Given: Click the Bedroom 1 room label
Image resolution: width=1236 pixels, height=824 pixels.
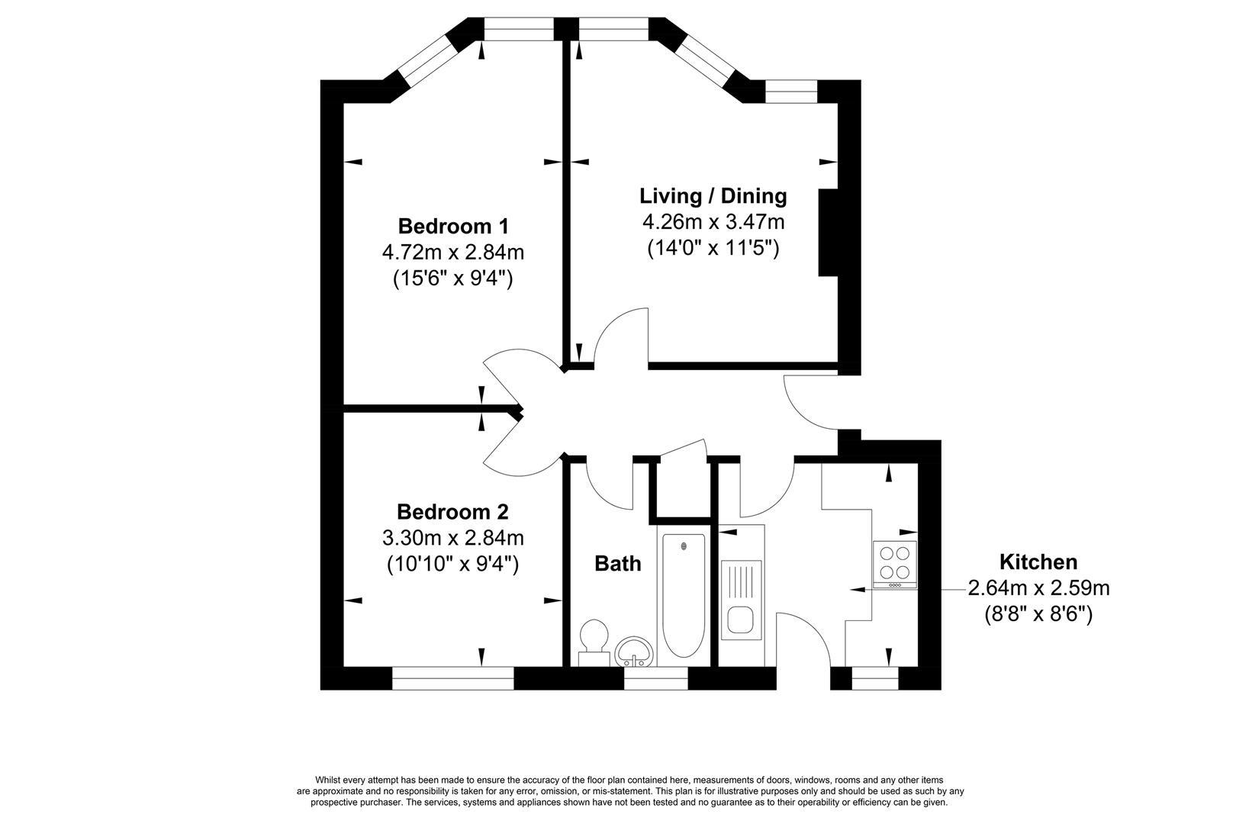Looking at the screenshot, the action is (453, 227).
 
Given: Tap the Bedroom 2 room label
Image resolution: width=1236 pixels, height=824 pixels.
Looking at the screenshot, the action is (452, 512).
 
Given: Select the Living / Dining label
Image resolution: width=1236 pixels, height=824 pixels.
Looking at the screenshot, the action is (713, 196).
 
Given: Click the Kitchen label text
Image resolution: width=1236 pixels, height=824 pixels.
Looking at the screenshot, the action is (1038, 562).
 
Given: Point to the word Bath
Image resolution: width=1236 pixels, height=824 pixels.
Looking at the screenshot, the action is (617, 564).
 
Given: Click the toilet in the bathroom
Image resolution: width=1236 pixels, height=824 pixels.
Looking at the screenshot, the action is (594, 642).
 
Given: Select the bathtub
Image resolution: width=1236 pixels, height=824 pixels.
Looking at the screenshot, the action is (684, 596).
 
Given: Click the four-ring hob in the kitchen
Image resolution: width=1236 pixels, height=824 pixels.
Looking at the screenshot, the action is (895, 564).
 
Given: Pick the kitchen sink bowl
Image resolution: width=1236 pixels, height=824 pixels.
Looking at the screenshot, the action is (741, 620).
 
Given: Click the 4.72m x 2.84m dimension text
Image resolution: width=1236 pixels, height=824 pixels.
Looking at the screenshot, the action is (453, 253).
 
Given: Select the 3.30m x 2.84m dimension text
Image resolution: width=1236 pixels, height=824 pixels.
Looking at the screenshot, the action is (453, 538).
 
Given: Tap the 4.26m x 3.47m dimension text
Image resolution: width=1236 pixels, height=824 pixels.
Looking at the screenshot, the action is (713, 222).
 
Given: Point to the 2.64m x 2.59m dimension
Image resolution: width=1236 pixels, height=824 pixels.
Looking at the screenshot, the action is (1038, 588).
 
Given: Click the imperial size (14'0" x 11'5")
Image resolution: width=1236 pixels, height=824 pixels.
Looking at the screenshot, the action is (713, 248).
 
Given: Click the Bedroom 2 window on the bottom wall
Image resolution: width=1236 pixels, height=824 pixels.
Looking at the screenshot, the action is (453, 678).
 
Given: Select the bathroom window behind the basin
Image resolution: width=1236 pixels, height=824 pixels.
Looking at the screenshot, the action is (656, 678).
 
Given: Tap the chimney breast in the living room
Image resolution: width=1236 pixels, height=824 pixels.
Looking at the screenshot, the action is (829, 233).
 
